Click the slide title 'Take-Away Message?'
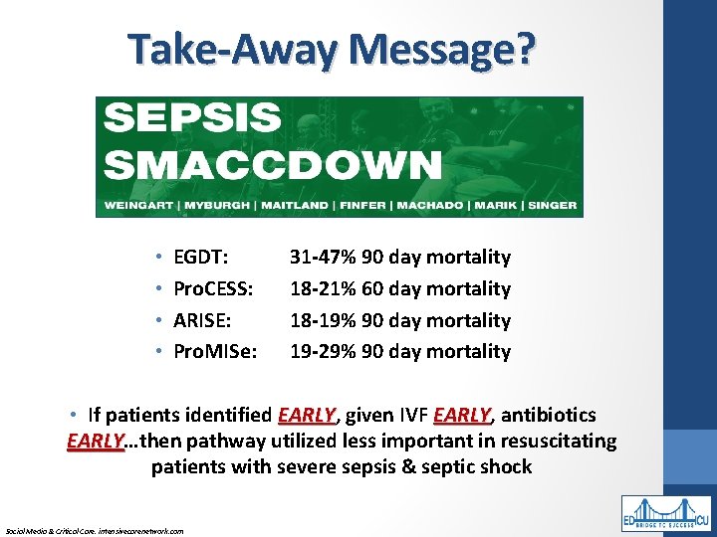[x=332, y=49]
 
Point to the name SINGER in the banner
[x=552, y=208]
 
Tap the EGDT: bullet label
[x=201, y=258]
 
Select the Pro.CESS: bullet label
[x=213, y=289]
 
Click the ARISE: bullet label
[x=202, y=321]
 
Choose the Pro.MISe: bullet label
[x=213, y=351]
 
